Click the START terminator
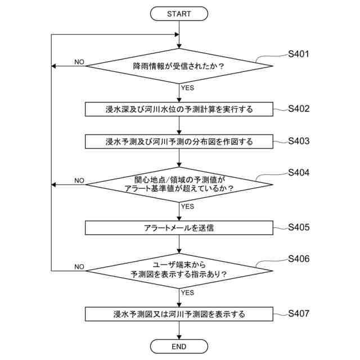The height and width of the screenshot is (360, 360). [179, 13]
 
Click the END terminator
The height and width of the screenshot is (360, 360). [179, 346]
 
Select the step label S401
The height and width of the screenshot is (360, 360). [298, 55]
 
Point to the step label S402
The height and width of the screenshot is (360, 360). [298, 109]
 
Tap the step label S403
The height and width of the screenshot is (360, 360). [298, 141]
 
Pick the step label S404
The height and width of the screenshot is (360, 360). [298, 172]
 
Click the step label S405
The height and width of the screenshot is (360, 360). [298, 228]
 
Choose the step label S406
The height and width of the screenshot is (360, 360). [298, 259]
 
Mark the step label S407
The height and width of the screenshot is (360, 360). [298, 313]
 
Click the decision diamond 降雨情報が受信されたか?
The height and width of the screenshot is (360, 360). [179, 66]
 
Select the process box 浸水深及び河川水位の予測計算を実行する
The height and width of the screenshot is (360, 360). [179, 109]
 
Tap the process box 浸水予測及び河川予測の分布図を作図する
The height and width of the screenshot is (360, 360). [179, 142]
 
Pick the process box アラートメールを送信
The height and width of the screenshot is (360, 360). [179, 228]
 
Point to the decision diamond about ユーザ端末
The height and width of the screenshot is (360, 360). [179, 270]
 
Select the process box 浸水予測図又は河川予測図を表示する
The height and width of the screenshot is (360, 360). [179, 314]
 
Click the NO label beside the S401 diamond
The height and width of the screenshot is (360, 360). [79, 62]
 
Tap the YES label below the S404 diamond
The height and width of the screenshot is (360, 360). [187, 206]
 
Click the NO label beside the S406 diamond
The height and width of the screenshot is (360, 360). [79, 266]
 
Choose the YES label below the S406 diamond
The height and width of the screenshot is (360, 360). [187, 292]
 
